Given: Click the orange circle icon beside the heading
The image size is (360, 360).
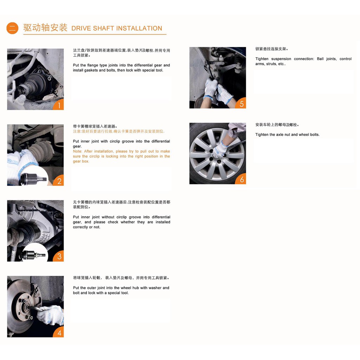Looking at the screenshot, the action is pos(12,28).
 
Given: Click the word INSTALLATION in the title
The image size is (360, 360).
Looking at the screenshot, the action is pos(139,28).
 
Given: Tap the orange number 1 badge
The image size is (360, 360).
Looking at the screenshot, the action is pos(59,105).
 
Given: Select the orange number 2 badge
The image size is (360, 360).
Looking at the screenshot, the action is pos(59,181).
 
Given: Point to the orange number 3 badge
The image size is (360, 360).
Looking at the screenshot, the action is pos(59,256).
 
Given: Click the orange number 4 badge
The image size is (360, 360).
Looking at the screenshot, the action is pos(59,332).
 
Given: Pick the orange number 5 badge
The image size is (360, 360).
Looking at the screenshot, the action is pos(241,103).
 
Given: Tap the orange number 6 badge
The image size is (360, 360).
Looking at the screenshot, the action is pos(241,179).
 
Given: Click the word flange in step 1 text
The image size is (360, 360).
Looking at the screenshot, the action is pos(92,65).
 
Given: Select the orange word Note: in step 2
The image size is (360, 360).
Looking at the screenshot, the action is pos(77,151).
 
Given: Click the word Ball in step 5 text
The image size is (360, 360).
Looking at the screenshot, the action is pos(320,59).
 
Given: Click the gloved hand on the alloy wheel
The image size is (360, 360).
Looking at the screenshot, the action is pos(219,149).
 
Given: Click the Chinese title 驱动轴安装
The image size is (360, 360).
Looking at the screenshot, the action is pos(45,28).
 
